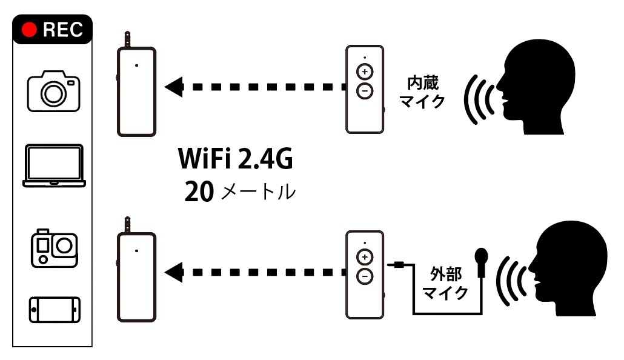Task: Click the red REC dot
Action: (29, 30)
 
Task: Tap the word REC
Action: (62, 30)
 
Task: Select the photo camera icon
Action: (53, 90)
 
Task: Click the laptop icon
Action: (53, 165)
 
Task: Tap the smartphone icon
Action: (53, 310)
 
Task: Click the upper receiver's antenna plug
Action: (128, 39)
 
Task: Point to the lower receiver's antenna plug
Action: (128, 224)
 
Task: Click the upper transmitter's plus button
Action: (365, 72)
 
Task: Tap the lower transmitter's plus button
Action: (365, 257)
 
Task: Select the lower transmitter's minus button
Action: (365, 276)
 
